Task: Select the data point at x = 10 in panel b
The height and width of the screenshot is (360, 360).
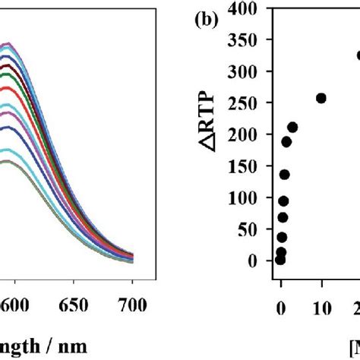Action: [321, 98]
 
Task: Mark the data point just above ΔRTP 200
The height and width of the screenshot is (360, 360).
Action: [292, 127]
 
